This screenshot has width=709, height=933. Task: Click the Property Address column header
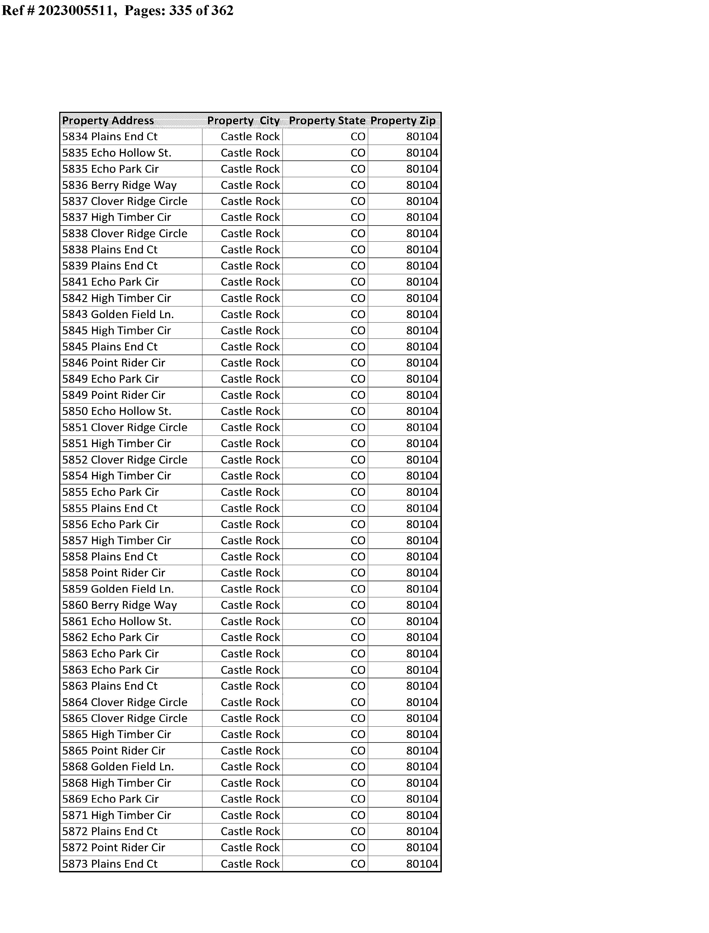pyautogui.click(x=108, y=121)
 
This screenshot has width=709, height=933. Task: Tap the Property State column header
pyautogui.click(x=327, y=121)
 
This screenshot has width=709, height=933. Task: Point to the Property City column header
pyautogui.click(x=244, y=121)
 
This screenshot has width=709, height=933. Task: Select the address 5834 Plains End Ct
pyautogui.click(x=110, y=137)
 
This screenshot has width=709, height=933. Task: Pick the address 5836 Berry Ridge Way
pyautogui.click(x=120, y=185)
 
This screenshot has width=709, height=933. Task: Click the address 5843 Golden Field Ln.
pyautogui.click(x=118, y=314)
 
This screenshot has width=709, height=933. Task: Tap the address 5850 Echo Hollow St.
pyautogui.click(x=117, y=411)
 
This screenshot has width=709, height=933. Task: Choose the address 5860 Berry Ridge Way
pyautogui.click(x=120, y=605)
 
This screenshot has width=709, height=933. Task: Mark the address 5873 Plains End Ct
pyautogui.click(x=110, y=864)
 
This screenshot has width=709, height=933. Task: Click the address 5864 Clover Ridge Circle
pyautogui.click(x=125, y=702)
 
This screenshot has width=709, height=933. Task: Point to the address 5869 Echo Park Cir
pyautogui.click(x=111, y=799)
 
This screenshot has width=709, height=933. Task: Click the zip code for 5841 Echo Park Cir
pyautogui.click(x=422, y=282)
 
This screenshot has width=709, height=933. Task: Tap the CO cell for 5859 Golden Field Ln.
pyautogui.click(x=358, y=589)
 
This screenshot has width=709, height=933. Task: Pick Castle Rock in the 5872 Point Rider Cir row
pyautogui.click(x=250, y=847)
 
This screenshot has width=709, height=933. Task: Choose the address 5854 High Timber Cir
pyautogui.click(x=116, y=476)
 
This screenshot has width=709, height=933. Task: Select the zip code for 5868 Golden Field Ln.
pyautogui.click(x=422, y=767)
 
